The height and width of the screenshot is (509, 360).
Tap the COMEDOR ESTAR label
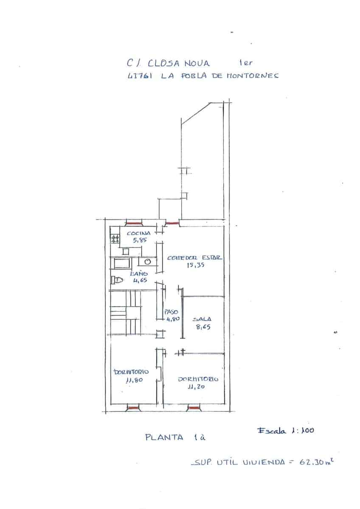tap(194, 258)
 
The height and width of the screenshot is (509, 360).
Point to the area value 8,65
tap(202, 327)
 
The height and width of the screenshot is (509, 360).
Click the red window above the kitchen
tap(134, 223)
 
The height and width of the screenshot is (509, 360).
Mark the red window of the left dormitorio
tap(133, 408)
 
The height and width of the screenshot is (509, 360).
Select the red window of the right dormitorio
tap(194, 408)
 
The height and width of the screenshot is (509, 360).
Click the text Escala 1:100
tap(285, 430)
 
